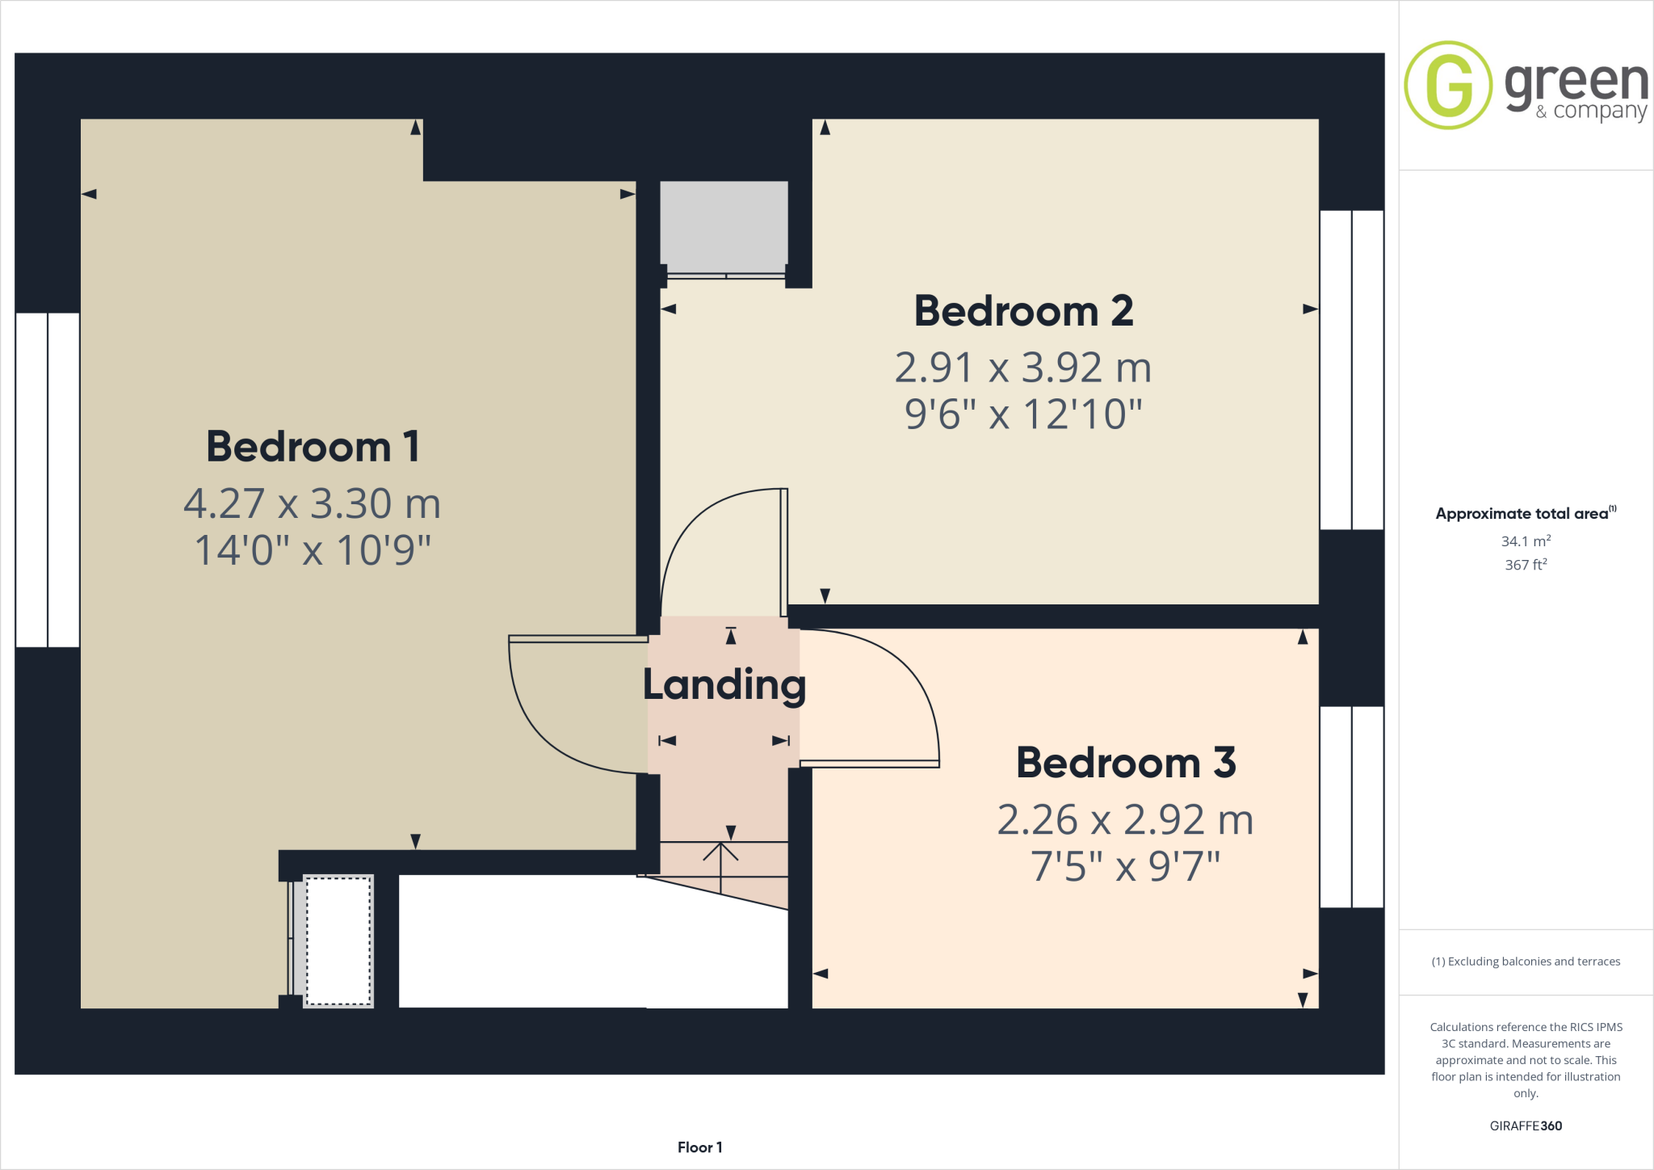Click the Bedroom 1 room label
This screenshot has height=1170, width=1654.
(x=313, y=447)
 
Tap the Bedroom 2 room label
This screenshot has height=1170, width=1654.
(x=1023, y=311)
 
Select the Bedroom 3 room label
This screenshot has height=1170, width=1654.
(x=1126, y=763)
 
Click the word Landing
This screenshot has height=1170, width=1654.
(x=724, y=685)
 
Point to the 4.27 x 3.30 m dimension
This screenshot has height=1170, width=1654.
(x=312, y=503)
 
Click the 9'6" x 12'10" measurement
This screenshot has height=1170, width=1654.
(x=1023, y=415)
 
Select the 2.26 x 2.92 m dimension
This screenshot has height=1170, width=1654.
(x=1125, y=820)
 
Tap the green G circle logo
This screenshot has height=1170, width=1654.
(x=1448, y=85)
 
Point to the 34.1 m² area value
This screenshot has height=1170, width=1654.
(x=1526, y=541)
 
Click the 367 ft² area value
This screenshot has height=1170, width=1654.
(x=1526, y=565)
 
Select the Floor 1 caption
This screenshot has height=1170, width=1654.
(x=699, y=1147)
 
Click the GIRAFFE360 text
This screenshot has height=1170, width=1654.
(x=1526, y=1126)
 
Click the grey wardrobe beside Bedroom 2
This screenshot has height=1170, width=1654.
(x=724, y=227)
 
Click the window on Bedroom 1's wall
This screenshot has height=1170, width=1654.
(x=48, y=480)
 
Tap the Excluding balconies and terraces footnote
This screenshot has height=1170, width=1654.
(x=1526, y=962)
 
